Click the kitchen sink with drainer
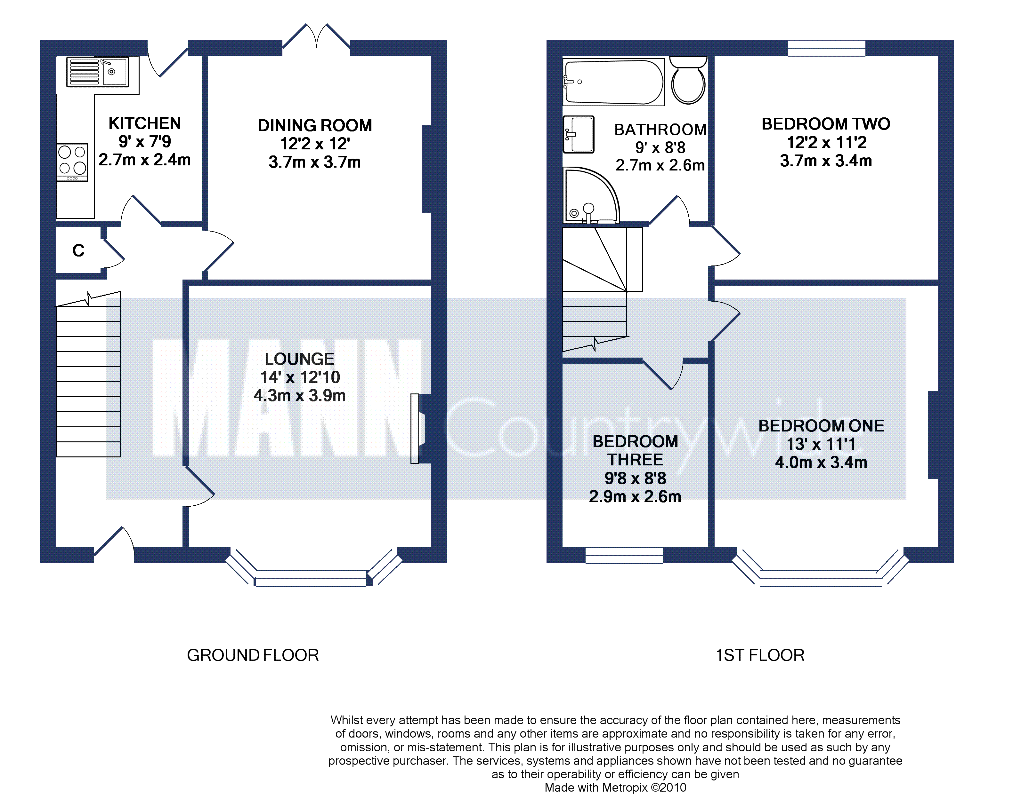click(97, 72)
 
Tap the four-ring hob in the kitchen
click(72, 162)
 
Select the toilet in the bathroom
click(688, 81)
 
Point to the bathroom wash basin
click(579, 134)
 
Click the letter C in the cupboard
click(78, 251)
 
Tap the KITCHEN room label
click(145, 123)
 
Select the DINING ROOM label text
click(315, 125)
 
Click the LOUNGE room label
click(300, 359)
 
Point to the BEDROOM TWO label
click(826, 124)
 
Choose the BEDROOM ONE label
click(821, 426)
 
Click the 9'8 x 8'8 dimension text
click(635, 478)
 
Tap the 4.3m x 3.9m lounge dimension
click(300, 396)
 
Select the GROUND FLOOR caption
click(253, 655)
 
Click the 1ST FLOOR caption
click(760, 655)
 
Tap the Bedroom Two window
click(826, 48)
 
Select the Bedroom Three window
click(624, 555)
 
